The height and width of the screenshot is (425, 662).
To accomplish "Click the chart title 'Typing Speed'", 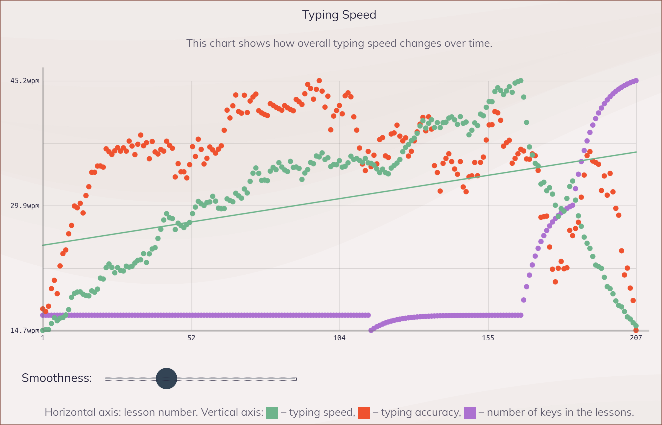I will point(339,15).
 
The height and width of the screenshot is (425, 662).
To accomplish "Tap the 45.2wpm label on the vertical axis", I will point(25,81).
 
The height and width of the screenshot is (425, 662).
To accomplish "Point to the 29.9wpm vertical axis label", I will point(25,206).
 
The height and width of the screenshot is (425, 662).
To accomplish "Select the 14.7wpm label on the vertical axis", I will point(25,331).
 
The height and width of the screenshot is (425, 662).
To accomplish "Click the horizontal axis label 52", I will point(191,338).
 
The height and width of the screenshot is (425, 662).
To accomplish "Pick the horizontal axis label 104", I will point(339,338).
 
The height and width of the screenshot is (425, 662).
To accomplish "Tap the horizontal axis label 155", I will point(488,338).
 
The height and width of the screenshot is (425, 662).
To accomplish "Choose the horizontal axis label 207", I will point(636,338).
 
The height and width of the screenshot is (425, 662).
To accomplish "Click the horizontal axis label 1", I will point(43,338).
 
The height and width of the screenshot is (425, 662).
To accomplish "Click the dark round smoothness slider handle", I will point(167,379).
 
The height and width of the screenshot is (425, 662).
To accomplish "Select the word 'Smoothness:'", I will point(57,378).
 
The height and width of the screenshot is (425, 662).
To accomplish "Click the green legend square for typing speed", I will point(272,413).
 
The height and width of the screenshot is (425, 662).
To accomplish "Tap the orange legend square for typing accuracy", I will point(364,413).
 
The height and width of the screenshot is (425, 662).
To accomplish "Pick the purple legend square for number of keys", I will point(469,413).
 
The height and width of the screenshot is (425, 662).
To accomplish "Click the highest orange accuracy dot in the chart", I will point(319,81).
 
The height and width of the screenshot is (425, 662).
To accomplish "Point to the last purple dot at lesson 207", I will point(636,81).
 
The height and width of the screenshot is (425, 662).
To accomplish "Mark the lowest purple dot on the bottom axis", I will point(371,330).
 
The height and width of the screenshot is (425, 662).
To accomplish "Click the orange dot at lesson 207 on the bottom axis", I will point(636,331).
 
